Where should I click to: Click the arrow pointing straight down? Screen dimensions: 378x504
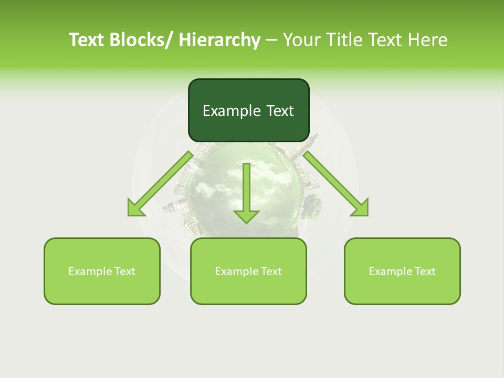tap(247, 192)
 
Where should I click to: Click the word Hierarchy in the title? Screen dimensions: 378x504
tap(219, 40)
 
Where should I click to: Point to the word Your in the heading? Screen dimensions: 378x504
tap(301, 40)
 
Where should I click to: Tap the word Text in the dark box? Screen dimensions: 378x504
tap(279, 111)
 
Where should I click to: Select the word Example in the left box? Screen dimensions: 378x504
tap(90, 271)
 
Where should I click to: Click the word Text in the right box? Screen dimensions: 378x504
tap(425, 271)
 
